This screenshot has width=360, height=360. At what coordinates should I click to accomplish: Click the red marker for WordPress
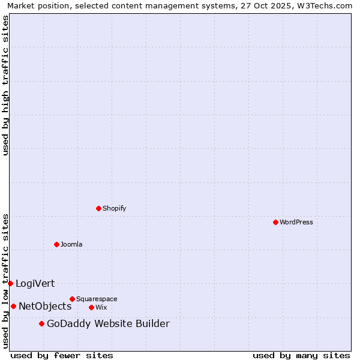275,222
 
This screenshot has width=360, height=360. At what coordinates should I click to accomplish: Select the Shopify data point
98,208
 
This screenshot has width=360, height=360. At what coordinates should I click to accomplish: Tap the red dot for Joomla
56,244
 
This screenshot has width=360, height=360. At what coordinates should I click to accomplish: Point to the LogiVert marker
10,283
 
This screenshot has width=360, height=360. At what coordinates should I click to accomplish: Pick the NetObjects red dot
13,306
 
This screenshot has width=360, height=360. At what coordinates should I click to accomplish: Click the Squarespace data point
72,299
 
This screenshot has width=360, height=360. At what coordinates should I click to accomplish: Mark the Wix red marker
91,307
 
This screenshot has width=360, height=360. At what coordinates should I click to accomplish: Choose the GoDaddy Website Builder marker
41,324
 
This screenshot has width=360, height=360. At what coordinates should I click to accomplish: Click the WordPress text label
296,222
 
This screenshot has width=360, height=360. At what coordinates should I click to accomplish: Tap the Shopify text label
115,208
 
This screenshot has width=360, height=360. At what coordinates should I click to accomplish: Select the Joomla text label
71,244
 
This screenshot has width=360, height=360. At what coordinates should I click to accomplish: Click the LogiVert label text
35,283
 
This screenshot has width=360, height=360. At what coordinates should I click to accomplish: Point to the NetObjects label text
45,306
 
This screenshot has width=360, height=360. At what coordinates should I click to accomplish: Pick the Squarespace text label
97,299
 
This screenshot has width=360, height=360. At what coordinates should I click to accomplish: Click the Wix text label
101,307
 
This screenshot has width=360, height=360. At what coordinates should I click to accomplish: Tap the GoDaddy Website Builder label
108,324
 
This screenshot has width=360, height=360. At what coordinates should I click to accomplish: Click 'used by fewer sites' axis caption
62,355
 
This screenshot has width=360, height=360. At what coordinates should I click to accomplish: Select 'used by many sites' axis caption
301,355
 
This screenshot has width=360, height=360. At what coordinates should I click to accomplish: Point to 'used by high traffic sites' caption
5,85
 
